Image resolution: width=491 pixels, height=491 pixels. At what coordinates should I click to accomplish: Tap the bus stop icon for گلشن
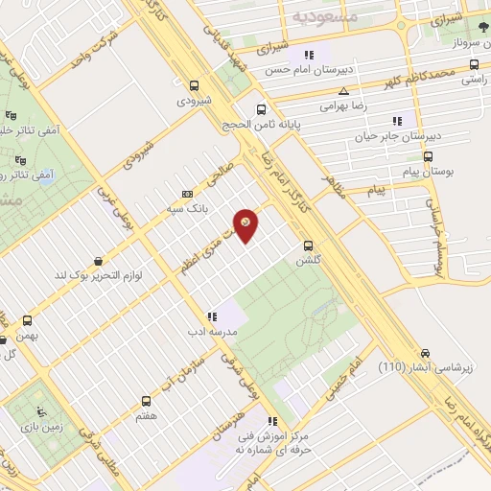[308, 245]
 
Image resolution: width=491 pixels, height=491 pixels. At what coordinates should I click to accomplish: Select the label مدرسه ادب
[210, 331]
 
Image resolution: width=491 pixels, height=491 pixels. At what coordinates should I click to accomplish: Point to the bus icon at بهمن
[27, 320]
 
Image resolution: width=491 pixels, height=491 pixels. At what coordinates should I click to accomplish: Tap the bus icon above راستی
[473, 65]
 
